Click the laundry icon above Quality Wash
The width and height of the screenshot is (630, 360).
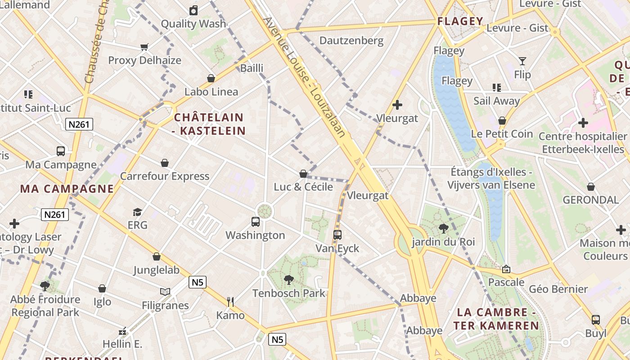pyautogui.click(x=193, y=10)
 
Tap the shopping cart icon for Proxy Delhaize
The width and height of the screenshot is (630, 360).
pyautogui.click(x=144, y=47)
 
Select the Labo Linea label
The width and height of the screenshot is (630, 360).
pyautogui.click(x=211, y=92)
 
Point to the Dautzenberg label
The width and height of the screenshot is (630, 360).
pyautogui.click(x=351, y=40)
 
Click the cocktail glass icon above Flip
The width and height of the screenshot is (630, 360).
pyautogui.click(x=522, y=61)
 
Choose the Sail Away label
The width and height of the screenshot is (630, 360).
pyautogui.click(x=496, y=101)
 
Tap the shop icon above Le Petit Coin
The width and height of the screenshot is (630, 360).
pyautogui.click(x=502, y=121)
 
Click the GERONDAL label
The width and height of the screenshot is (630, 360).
pyautogui.click(x=590, y=199)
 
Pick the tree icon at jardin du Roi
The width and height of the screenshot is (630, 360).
pyautogui.click(x=443, y=229)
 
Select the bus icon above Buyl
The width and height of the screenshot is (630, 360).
pyautogui.click(x=596, y=320)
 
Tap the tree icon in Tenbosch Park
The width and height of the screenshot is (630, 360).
pyautogui.click(x=289, y=280)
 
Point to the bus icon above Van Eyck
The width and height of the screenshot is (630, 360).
pyautogui.click(x=337, y=234)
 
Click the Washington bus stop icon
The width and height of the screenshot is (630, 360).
pyautogui.click(x=256, y=221)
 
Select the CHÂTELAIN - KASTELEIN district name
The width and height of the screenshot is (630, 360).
pyautogui.click(x=209, y=124)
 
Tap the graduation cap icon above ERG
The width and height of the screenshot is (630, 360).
pyautogui.click(x=137, y=211)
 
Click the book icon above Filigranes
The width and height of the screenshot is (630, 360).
pyautogui.click(x=165, y=292)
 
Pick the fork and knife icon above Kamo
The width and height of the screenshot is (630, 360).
pyautogui.click(x=230, y=301)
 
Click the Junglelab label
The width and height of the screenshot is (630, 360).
pyautogui.click(x=156, y=270)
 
